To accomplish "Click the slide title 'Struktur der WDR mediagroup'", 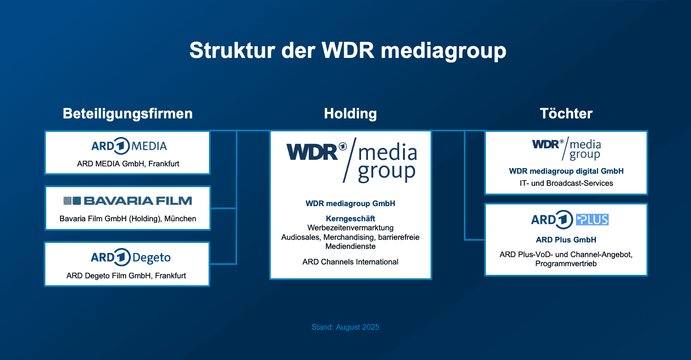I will pos(348,51).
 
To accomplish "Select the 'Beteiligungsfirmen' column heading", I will pos(127,114).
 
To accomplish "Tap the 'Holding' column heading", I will pos(350,114).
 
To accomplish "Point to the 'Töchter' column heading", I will pos(566,114).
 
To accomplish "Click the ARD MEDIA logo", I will pos(129,146).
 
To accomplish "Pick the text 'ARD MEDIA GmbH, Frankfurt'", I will pos(128,164).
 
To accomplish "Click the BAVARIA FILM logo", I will pos(128,201).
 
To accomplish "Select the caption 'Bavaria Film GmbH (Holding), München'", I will pos(128,219).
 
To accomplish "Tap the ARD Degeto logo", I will pos(130,258).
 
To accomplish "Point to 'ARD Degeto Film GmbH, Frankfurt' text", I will pos(126,276).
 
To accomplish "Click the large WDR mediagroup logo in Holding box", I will pos(352,160).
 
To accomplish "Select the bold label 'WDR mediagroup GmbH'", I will pos(350,204).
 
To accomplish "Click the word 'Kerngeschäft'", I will pos(350,219).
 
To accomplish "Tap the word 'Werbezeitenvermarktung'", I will pos(350,228).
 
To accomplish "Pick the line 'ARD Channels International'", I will pos(350,262).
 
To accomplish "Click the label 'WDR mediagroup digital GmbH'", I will pos(566,171).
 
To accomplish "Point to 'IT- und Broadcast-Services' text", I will pos(566,183).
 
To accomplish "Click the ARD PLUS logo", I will pos(569,220).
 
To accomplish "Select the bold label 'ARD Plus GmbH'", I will pos(566,240).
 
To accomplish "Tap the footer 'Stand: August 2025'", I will pos(345,327).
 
